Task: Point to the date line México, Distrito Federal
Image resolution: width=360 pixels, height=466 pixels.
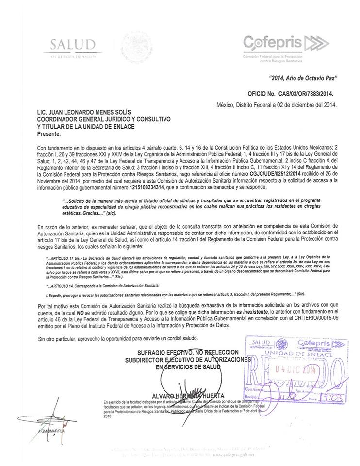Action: pyautogui.click(x=276, y=104)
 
